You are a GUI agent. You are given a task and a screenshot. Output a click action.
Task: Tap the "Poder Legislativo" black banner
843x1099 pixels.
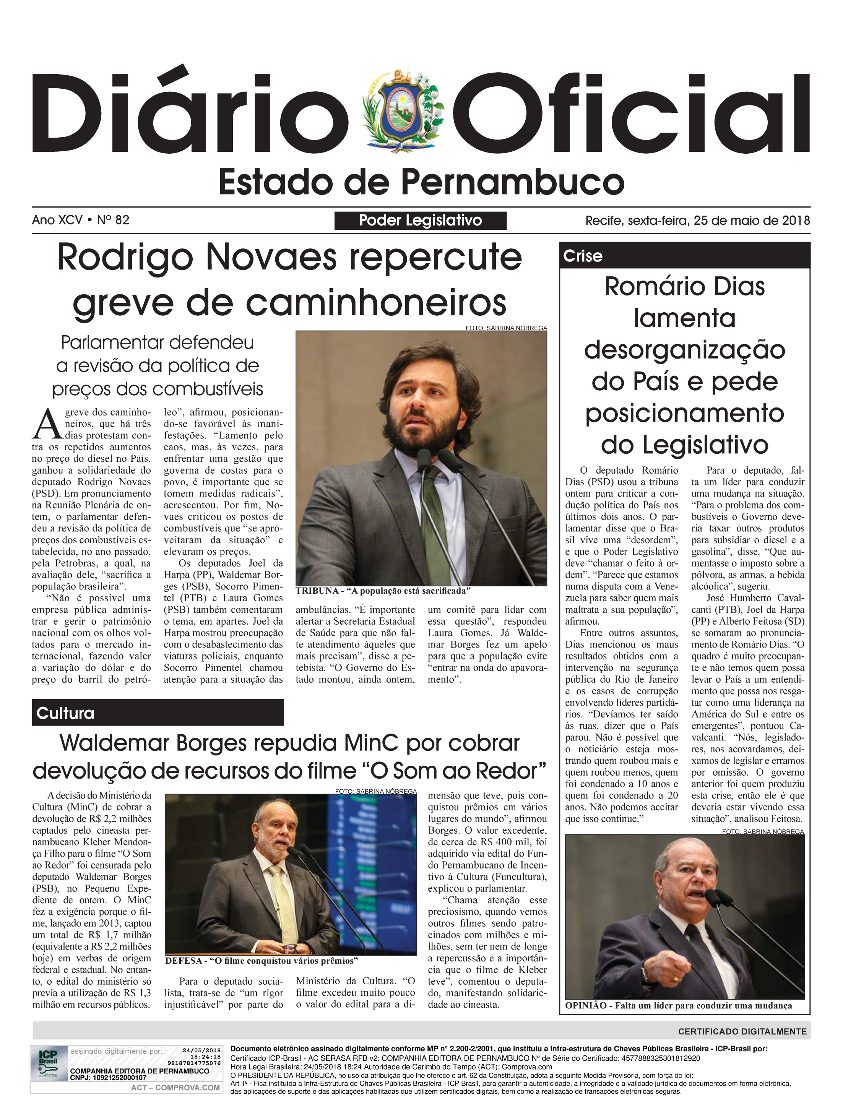click(x=420, y=220)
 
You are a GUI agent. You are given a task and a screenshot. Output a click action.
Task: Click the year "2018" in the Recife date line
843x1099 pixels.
click(x=796, y=220)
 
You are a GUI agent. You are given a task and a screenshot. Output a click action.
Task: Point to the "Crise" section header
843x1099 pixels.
click(x=583, y=256)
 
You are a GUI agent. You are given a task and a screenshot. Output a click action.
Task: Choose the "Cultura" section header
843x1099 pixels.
click(x=65, y=713)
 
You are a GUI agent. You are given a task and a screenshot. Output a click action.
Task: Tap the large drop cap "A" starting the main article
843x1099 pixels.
click(x=47, y=424)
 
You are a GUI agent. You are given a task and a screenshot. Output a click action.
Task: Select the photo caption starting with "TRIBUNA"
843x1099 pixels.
click(x=383, y=591)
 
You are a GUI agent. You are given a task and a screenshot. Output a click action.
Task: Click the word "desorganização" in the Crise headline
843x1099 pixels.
click(x=684, y=350)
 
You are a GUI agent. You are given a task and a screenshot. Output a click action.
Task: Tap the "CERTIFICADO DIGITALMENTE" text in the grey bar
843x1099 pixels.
click(x=742, y=1032)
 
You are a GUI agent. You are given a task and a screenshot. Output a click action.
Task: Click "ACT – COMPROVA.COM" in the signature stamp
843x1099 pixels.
click(x=175, y=1088)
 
